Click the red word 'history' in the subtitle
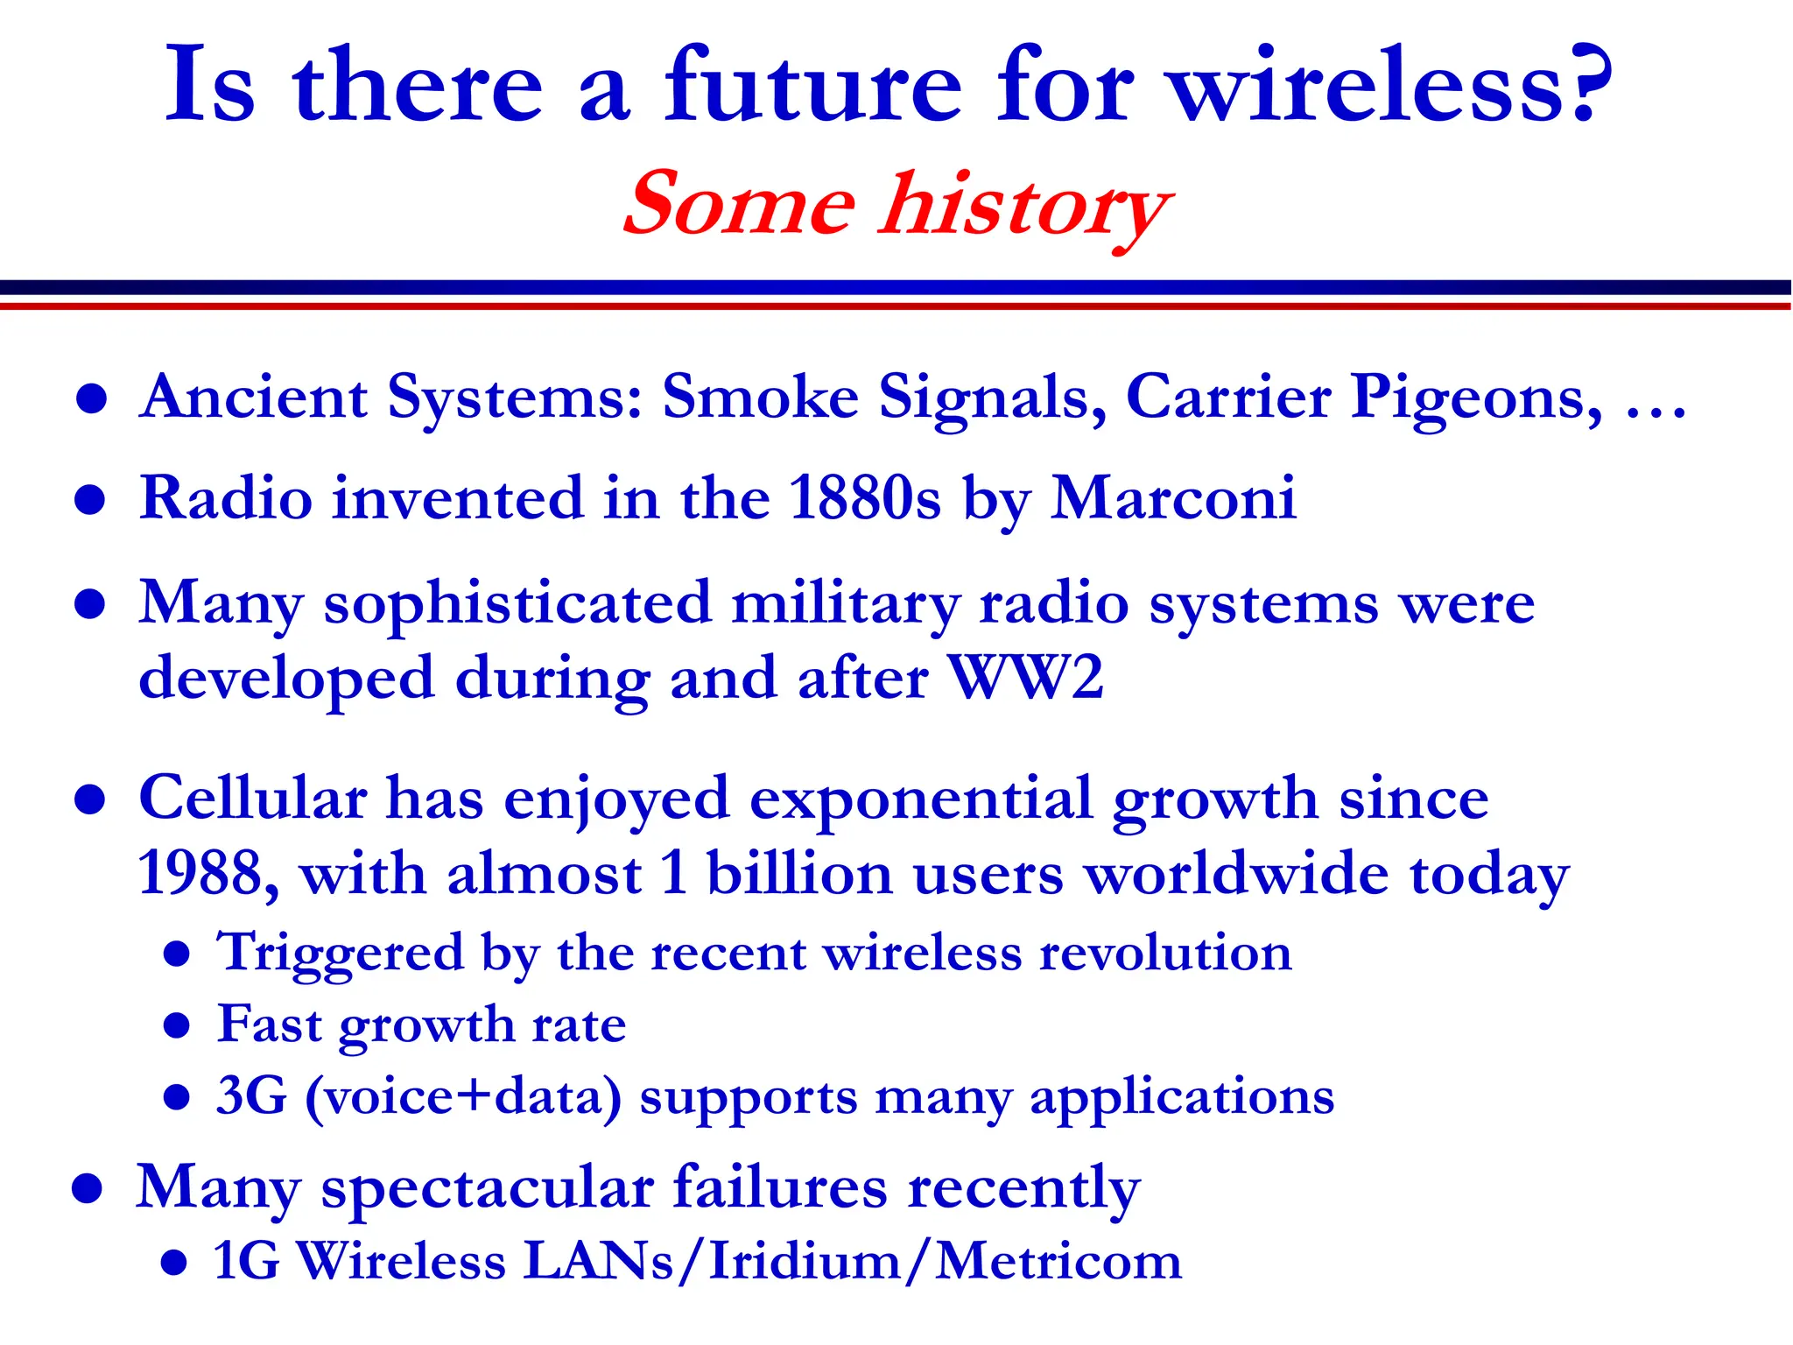[x=1026, y=207]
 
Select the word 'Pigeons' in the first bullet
[x=1476, y=399]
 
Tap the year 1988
[x=200, y=873]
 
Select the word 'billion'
[x=798, y=873]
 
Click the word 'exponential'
[x=921, y=799]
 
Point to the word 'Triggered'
[x=340, y=954]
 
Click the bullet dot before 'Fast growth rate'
[x=177, y=1025]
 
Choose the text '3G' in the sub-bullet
[x=251, y=1096]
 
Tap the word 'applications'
[x=1182, y=1098]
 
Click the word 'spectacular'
[x=487, y=1189]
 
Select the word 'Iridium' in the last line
[x=804, y=1262]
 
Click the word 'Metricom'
[x=1058, y=1262]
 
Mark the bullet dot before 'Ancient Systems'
[x=91, y=400]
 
